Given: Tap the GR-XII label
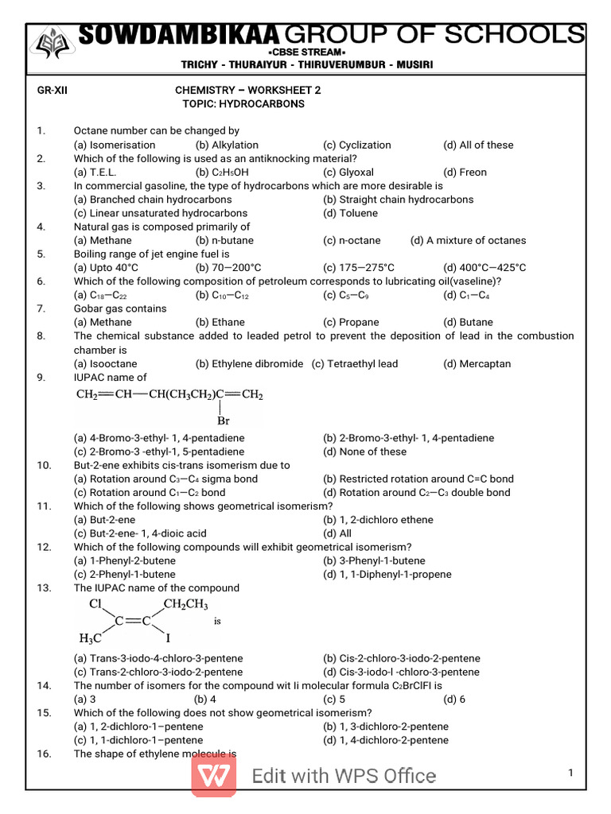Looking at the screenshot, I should point(53,91).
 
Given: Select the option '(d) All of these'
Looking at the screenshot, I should point(478,145).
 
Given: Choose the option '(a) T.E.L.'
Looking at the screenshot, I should point(94,172).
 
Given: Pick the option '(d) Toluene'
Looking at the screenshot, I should point(351,213).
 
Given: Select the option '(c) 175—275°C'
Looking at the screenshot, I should point(359,268).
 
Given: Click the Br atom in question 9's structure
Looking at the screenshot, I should point(224,421).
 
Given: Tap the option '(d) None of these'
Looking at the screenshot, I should point(364,452).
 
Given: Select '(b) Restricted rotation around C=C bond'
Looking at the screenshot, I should point(418,479).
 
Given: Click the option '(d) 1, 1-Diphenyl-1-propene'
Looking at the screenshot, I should point(387,574).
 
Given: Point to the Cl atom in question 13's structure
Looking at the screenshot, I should point(96,604).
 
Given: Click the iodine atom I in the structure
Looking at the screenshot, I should point(168,638).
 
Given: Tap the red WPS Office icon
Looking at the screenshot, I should point(213,775).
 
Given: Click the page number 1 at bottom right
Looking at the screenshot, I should point(570,773).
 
